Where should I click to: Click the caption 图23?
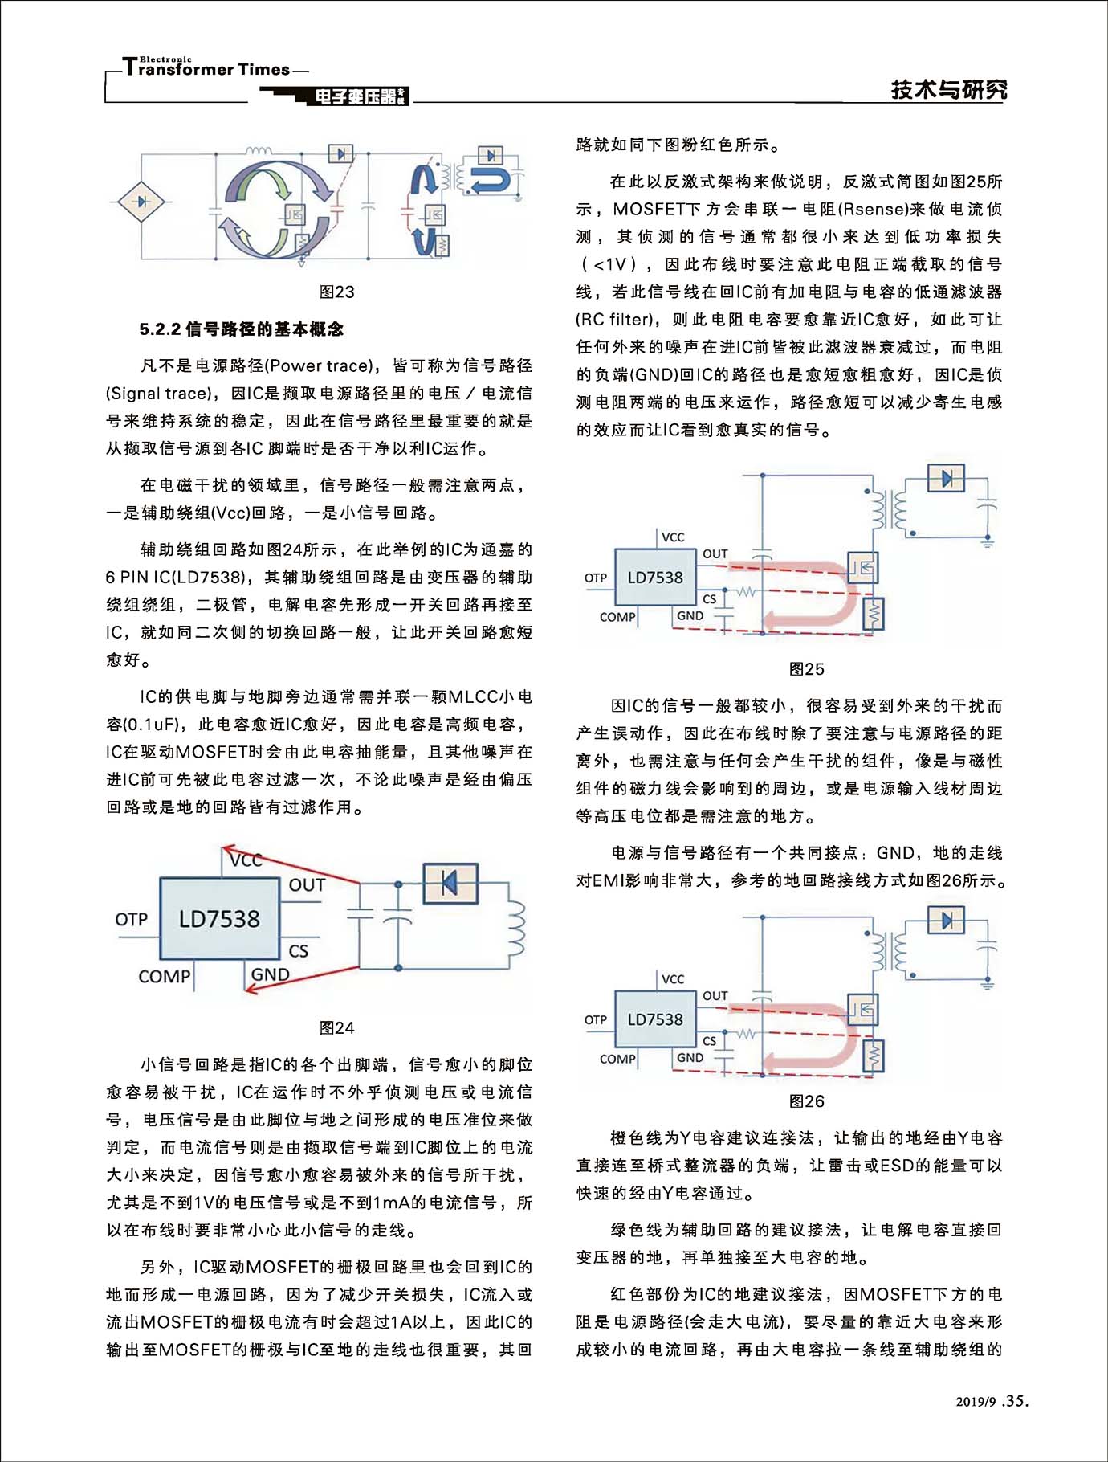click(336, 292)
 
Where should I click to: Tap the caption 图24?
click(336, 1028)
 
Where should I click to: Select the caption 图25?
click(806, 669)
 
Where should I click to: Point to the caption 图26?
click(806, 1101)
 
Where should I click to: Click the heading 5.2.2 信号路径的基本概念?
click(241, 329)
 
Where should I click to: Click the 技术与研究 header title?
click(949, 89)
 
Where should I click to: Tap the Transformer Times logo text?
click(207, 69)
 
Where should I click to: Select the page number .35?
click(1015, 1401)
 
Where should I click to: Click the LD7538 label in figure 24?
click(219, 919)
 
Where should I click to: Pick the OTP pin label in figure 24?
click(132, 919)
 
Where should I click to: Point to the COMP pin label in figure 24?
click(165, 977)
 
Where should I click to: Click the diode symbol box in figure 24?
click(450, 884)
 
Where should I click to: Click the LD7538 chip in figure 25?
click(655, 578)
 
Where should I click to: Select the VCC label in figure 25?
click(673, 537)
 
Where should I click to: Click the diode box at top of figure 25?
click(946, 479)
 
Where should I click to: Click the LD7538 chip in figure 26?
click(655, 1019)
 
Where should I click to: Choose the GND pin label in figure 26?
click(690, 1058)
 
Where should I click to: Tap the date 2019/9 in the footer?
click(976, 1403)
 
